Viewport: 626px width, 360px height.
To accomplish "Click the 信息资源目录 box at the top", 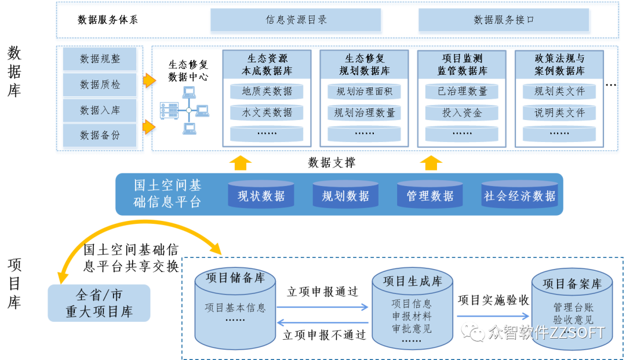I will pos(296,20).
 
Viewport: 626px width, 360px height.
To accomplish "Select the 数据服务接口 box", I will pos(504,20).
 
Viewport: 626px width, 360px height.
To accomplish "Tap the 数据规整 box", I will pos(100,59).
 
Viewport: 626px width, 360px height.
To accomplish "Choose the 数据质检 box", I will pos(100,85).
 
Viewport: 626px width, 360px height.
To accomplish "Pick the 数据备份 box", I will pos(100,135).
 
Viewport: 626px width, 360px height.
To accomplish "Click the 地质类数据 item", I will pos(267,92).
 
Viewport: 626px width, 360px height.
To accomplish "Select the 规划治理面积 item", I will pos(365,92).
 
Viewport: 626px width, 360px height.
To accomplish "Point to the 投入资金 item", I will pos(462,113).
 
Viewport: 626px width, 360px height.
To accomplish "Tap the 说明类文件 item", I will pos(559,113).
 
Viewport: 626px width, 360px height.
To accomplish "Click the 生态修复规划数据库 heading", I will pos(365,65).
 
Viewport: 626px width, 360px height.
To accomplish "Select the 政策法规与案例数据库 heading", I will pos(559,65).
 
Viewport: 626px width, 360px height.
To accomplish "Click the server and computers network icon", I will pos(184,110).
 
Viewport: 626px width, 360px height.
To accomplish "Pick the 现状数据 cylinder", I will pos(261,196).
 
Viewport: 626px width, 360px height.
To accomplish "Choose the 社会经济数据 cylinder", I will pos(519,196).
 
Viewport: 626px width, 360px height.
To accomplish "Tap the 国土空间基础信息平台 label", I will pos(168,194).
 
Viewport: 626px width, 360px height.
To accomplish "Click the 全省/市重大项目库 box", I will pos(99,303).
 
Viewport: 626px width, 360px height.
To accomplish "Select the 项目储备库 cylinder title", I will pos(235,278).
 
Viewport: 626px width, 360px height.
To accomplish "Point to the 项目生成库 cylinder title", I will pos(412,281).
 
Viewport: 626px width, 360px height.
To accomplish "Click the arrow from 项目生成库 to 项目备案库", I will pos(493,317).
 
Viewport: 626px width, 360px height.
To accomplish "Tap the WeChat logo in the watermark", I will pos(473,332).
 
